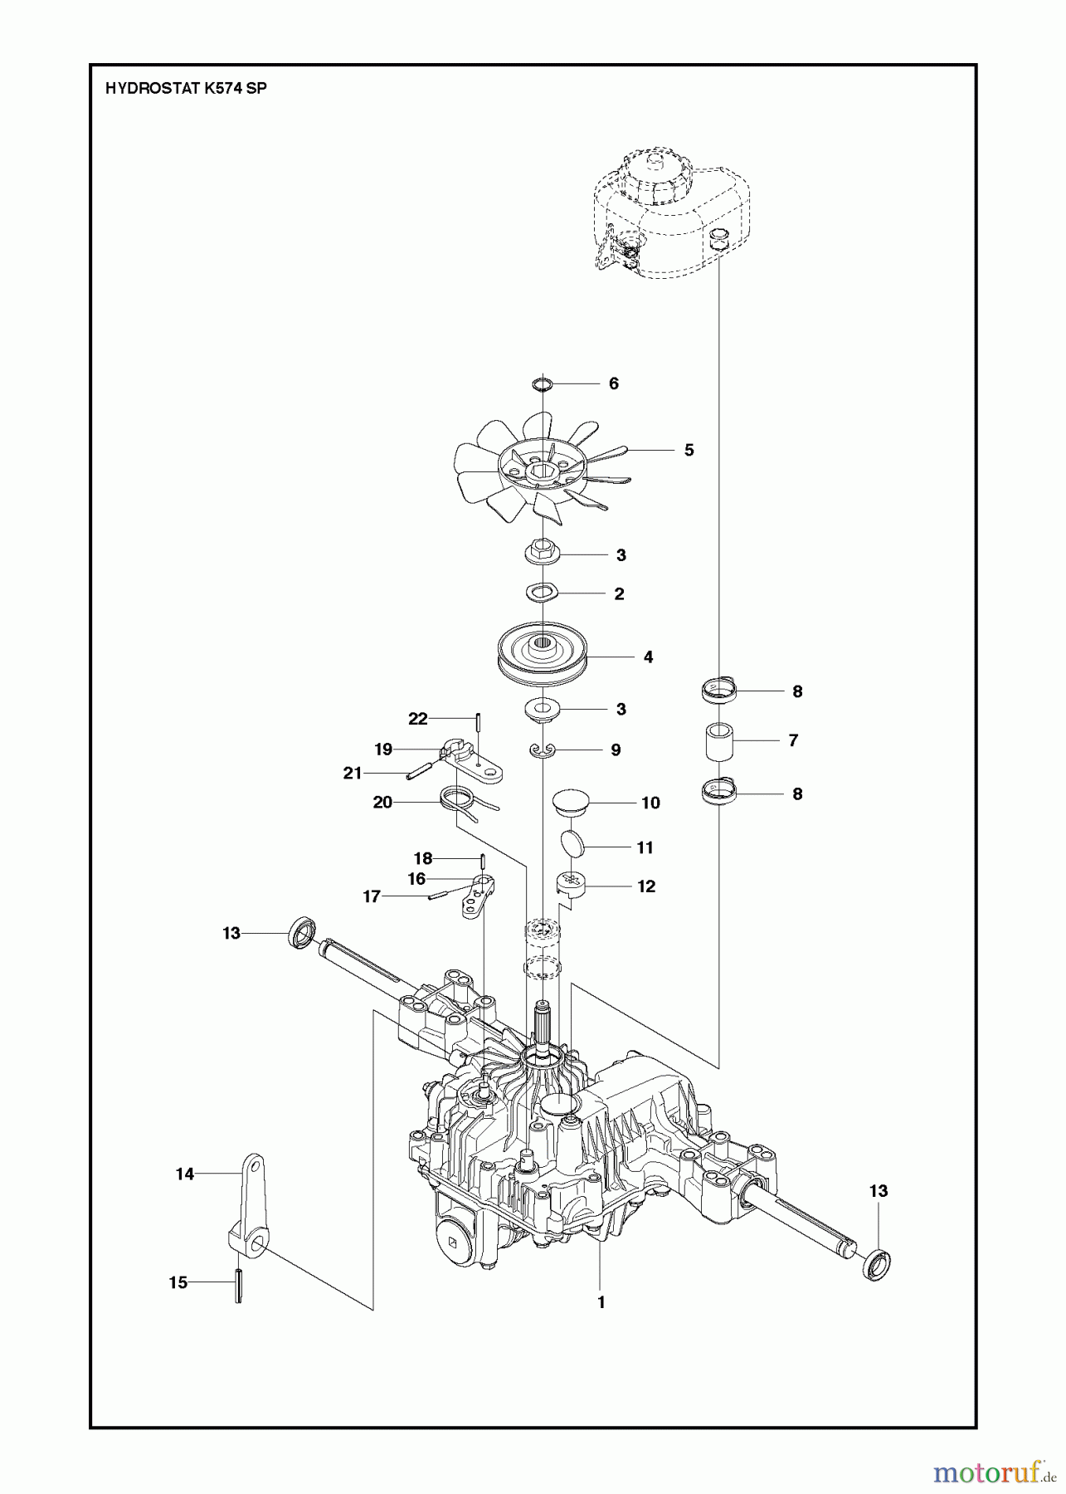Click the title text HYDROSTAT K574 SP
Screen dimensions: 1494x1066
click(x=186, y=90)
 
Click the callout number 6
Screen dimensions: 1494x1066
click(x=613, y=383)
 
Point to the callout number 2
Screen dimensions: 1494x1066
click(x=618, y=594)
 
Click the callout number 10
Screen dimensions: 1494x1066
click(x=650, y=803)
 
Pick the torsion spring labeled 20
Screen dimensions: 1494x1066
click(x=459, y=804)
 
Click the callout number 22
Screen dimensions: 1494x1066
click(x=417, y=719)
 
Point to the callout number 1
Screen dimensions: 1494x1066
click(x=601, y=1303)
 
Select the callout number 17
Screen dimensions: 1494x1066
click(x=372, y=897)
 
